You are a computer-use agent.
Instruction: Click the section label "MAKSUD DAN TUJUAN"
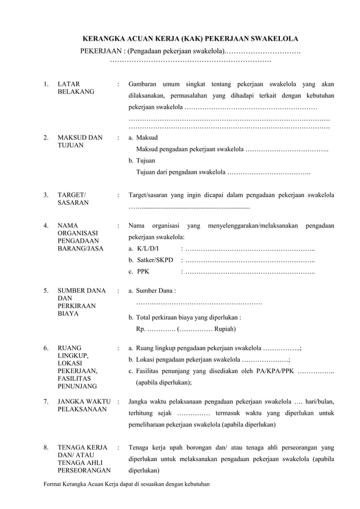click(80, 142)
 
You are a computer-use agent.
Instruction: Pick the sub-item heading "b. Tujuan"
click(143, 160)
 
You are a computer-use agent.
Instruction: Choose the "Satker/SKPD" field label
click(151, 260)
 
